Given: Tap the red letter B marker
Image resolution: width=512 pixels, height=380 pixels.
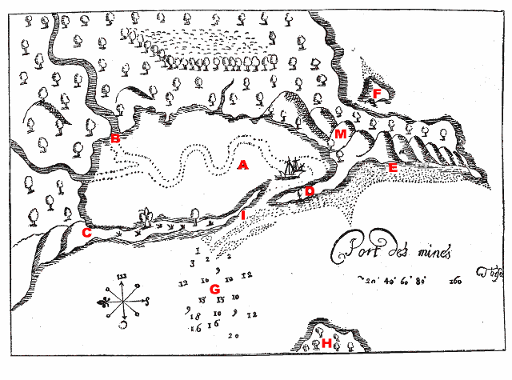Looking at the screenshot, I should [115, 139].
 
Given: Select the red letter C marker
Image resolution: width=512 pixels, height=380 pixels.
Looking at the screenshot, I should [86, 233].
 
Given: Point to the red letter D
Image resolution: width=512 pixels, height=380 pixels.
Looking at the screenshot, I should [310, 191].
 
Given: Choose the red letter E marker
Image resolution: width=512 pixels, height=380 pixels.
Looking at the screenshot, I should [392, 167].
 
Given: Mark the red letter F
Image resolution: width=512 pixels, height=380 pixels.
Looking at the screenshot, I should [377, 94].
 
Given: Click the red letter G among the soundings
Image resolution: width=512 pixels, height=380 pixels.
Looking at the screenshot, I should [214, 288].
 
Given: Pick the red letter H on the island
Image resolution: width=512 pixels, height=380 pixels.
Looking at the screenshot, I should [326, 344].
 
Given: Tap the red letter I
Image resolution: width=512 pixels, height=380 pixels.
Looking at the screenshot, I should [242, 215].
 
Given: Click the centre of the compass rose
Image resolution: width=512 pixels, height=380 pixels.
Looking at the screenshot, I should [122, 302].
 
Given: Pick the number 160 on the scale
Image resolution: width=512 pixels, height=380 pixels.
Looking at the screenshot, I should [457, 282].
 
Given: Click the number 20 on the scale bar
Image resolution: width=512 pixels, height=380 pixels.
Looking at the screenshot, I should [370, 281].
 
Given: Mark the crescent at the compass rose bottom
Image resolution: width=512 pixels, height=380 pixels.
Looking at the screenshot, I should [123, 326].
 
